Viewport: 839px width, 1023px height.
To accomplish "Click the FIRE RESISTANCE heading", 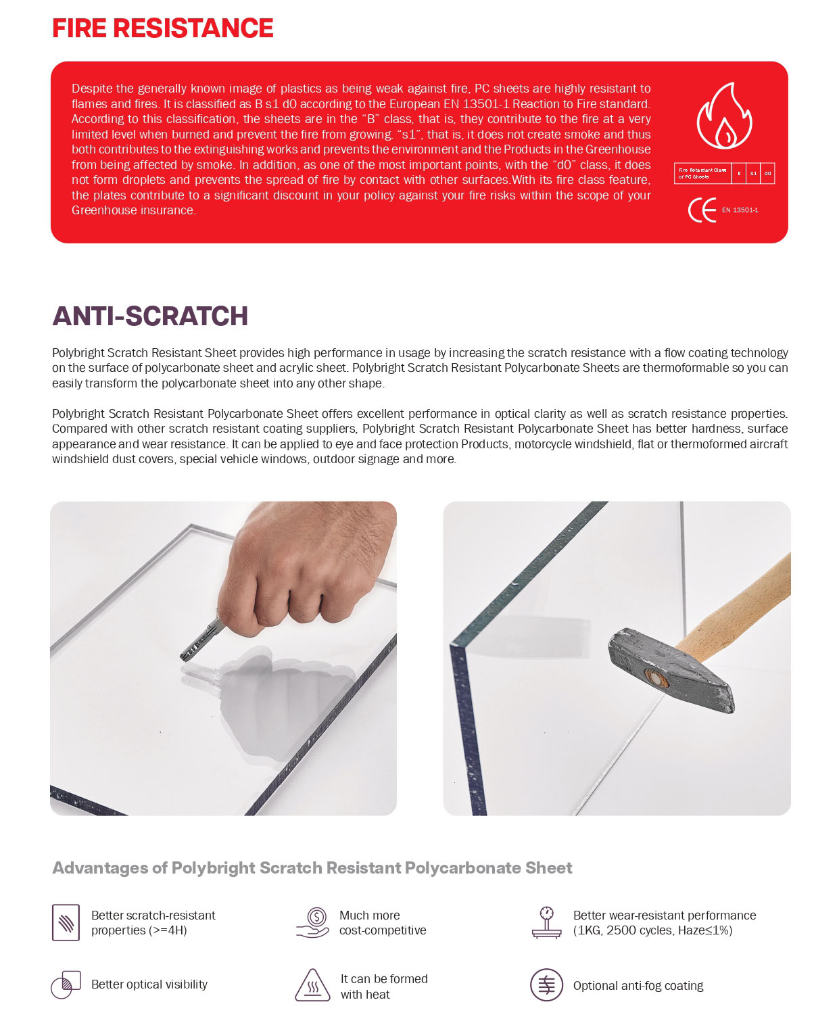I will click(x=162, y=28).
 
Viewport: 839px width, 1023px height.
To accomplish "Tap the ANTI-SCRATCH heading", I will click(x=150, y=316).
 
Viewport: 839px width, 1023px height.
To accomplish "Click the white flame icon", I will click(x=724, y=116).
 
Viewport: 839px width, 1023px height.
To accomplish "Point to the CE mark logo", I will click(x=702, y=210).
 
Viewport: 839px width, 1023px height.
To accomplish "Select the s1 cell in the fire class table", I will click(x=753, y=174).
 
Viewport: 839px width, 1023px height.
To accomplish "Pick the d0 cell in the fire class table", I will click(x=767, y=174).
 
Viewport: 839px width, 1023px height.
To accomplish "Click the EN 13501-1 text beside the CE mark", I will click(x=740, y=210).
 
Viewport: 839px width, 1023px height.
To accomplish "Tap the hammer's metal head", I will click(x=669, y=670).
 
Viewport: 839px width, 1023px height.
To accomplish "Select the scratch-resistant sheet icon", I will click(x=66, y=922).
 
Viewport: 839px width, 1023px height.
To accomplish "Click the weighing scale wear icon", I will click(x=546, y=923).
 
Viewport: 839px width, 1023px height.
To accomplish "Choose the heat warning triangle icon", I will click(x=312, y=985).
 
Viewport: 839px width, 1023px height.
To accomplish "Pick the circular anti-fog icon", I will click(x=546, y=985).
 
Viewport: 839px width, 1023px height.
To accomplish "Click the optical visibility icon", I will click(x=66, y=985).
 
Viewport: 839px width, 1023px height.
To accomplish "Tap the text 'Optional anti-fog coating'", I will click(x=638, y=986).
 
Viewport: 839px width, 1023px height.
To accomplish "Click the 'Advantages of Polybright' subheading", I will click(x=312, y=868).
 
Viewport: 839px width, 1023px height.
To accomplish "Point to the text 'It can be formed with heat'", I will click(x=383, y=986).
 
